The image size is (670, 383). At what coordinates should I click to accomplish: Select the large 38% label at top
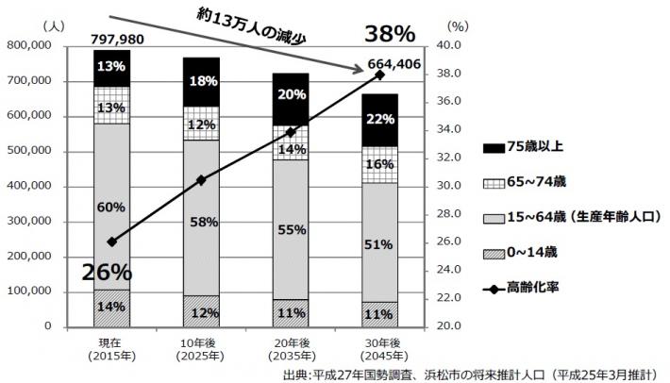389,34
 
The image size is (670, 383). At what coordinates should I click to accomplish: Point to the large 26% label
106,272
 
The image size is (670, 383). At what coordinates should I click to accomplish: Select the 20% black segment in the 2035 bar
291,95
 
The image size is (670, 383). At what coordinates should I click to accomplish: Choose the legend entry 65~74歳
534,181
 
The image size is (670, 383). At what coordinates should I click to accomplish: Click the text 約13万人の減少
267,31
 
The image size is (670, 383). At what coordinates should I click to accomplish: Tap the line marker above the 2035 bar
291,131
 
